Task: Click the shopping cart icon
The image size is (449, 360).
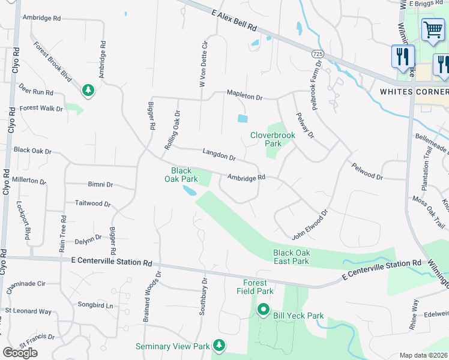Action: click(x=433, y=29)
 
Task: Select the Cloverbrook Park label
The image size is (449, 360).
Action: click(x=273, y=139)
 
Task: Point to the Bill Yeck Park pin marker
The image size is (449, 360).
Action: click(x=263, y=310)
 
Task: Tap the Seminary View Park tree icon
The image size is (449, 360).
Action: click(x=220, y=345)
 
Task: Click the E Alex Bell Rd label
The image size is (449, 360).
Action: click(x=234, y=20)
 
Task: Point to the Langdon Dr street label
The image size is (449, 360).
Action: click(x=219, y=154)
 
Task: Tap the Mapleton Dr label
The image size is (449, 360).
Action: click(x=245, y=94)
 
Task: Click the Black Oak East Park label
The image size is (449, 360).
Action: click(x=291, y=257)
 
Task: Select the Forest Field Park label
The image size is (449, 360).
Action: click(x=258, y=287)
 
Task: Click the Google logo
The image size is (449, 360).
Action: click(x=20, y=352)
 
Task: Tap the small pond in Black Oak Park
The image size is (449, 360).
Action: click(x=189, y=191)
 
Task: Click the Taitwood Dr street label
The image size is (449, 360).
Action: click(x=93, y=204)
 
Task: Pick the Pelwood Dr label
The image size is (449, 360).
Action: click(x=367, y=172)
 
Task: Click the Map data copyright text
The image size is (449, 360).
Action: click(x=424, y=355)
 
